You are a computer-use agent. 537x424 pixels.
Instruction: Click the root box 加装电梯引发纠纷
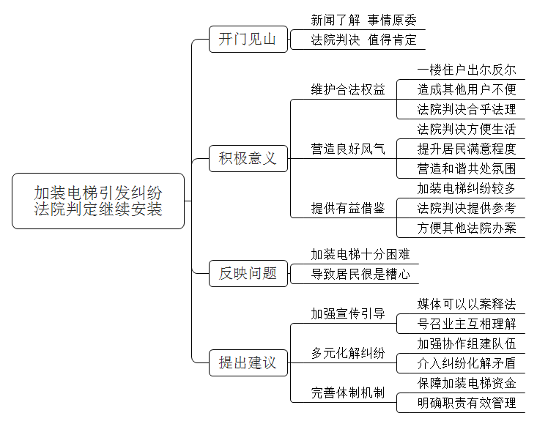[x=98, y=201]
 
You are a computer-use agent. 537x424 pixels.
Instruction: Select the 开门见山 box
[x=248, y=39]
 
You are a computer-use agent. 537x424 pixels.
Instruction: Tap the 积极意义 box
[x=248, y=158]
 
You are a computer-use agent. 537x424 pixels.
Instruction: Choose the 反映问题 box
[x=248, y=273]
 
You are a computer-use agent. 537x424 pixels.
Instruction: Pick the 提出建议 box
[x=248, y=362]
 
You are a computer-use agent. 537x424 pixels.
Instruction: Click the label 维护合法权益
[x=347, y=89]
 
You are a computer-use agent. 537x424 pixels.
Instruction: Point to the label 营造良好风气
[x=347, y=149]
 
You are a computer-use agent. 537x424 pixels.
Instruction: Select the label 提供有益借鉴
[x=347, y=208]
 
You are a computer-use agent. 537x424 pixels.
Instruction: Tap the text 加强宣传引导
[x=347, y=313]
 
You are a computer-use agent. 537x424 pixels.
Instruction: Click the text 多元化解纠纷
[x=347, y=353]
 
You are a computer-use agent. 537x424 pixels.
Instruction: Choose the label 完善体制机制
[x=347, y=393]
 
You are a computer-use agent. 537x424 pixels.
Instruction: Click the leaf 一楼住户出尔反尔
[x=467, y=70]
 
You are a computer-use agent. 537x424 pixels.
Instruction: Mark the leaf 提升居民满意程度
[x=467, y=149]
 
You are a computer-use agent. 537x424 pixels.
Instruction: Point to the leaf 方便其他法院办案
[x=467, y=228]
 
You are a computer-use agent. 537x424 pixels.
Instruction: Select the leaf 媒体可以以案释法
[x=467, y=304]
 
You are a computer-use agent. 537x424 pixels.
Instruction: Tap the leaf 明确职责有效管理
[x=467, y=403]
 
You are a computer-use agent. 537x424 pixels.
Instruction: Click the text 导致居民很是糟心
[x=360, y=274]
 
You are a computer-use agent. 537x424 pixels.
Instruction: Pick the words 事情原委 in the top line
[x=392, y=21]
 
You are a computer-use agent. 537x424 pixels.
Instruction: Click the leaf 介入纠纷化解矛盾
[x=467, y=363]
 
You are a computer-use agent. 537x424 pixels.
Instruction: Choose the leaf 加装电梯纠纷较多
[x=467, y=188]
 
